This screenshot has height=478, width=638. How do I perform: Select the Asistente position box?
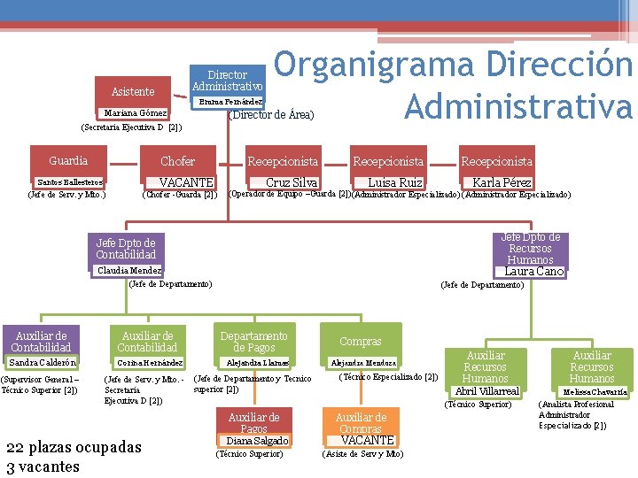pos(133,92)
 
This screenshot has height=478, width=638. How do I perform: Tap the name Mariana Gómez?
pos(136,114)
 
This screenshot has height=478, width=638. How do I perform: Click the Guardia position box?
pos(68,161)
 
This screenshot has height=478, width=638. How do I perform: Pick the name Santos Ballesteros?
pos(64,181)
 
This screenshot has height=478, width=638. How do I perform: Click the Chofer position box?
pos(177,161)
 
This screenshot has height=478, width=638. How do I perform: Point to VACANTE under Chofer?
pos(186,182)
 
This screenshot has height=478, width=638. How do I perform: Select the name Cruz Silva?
pos(292,182)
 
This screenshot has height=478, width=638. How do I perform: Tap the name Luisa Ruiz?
pos(395,182)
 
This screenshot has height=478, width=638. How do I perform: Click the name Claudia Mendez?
pos(129,270)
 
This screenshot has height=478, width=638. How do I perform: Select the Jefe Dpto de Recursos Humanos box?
pos(531,248)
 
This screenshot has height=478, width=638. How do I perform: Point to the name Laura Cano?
pos(533,272)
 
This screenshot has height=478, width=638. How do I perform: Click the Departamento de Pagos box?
pos(253,342)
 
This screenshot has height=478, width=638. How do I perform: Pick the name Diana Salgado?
pos(258,441)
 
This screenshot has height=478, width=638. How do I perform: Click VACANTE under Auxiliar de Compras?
pos(367,440)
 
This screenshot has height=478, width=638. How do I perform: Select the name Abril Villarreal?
pos(486,391)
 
